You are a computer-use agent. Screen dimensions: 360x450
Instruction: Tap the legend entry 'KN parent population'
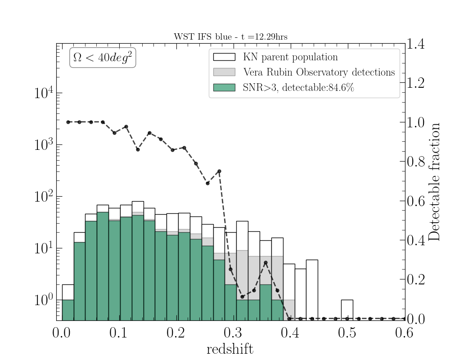pyautogui.click(x=290, y=57)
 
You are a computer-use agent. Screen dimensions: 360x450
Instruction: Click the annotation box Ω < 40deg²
pyautogui.click(x=103, y=59)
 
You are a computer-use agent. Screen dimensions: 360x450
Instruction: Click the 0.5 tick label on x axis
pyautogui.click(x=347, y=333)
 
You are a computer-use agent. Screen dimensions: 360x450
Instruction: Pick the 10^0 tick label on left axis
pyautogui.click(x=43, y=300)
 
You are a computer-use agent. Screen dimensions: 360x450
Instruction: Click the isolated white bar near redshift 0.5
pyautogui.click(x=347, y=310)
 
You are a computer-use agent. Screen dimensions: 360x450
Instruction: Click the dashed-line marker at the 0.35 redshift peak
pyautogui.click(x=265, y=262)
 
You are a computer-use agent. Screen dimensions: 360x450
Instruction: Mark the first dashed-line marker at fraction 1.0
pyautogui.click(x=68, y=122)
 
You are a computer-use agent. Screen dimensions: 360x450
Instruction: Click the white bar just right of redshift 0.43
pyautogui.click(x=312, y=288)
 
